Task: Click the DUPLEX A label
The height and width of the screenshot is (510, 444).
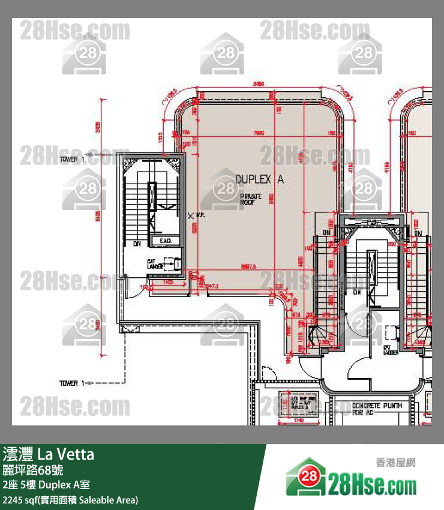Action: pyautogui.click(x=259, y=179)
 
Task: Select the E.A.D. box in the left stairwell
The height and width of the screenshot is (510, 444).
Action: pyautogui.click(x=166, y=241)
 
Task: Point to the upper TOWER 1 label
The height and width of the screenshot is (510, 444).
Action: pyautogui.click(x=71, y=159)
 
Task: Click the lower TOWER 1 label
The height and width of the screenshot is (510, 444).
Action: pyautogui.click(x=71, y=382)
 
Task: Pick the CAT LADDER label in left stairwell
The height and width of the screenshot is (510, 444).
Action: pyautogui.click(x=152, y=263)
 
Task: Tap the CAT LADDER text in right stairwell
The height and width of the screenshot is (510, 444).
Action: pyautogui.click(x=391, y=350)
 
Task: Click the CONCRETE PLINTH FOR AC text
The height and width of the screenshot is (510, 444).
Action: pyautogui.click(x=377, y=409)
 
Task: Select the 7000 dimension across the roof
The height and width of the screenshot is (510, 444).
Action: pyautogui.click(x=259, y=133)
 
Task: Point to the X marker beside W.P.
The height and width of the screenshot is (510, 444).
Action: pyautogui.click(x=191, y=214)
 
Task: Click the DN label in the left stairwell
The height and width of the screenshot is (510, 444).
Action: pyautogui.click(x=137, y=244)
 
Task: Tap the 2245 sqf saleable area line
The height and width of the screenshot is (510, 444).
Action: pyautogui.click(x=70, y=499)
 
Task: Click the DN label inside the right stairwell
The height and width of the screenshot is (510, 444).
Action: pyautogui.click(x=358, y=292)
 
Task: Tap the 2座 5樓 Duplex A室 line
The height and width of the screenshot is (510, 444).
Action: pyautogui.click(x=46, y=485)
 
